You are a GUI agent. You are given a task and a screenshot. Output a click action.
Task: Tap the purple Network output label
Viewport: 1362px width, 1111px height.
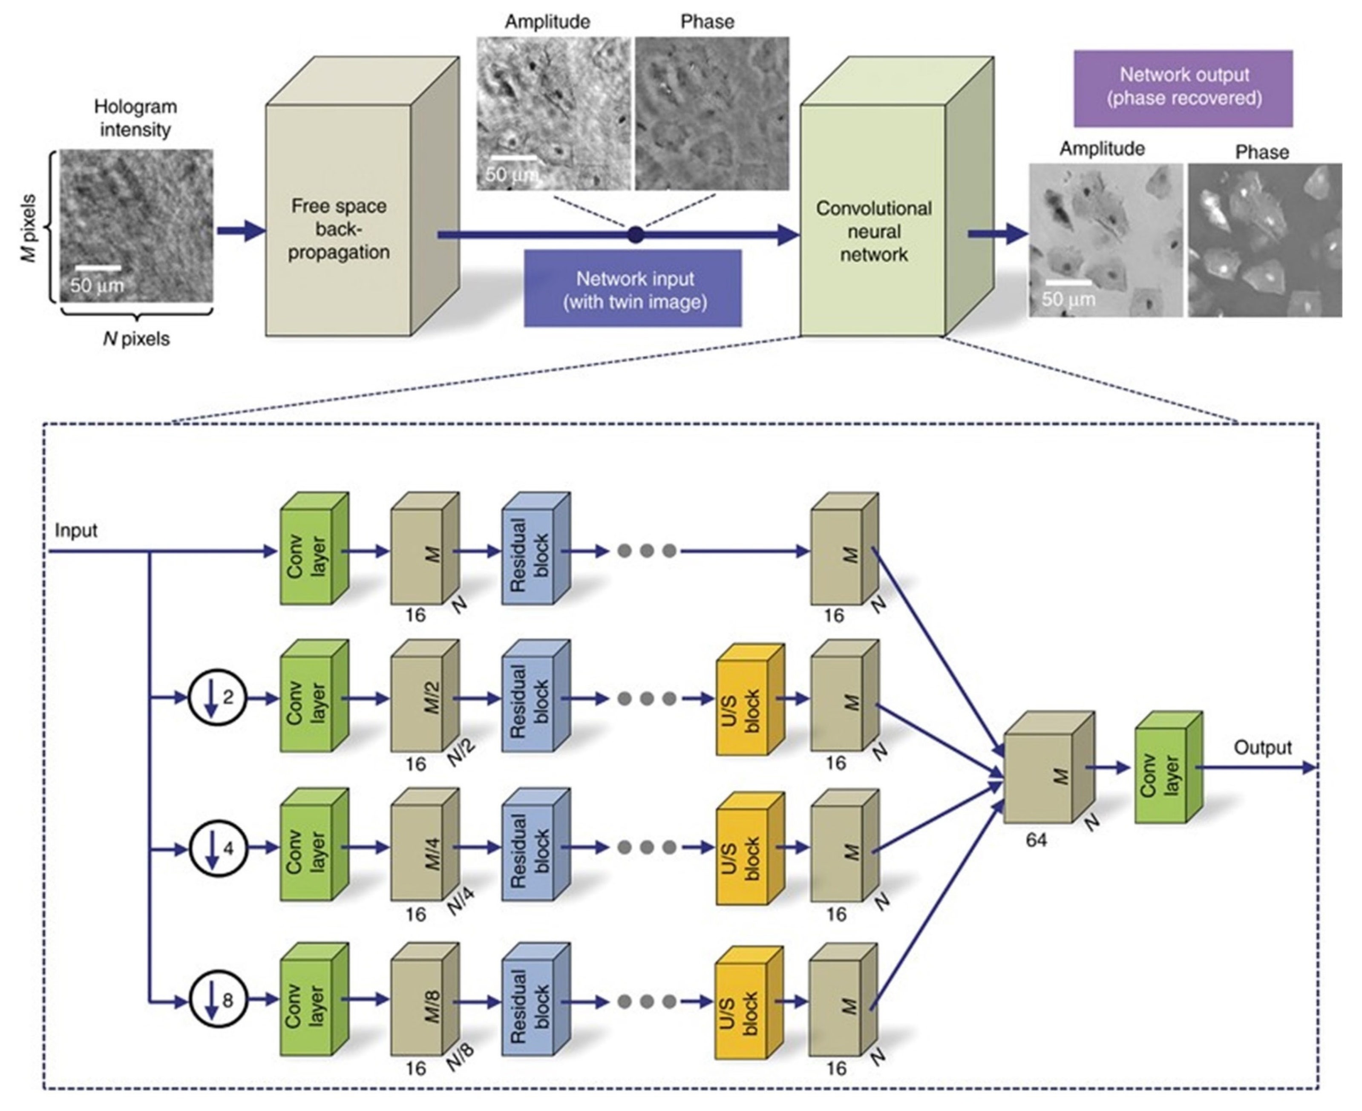coord(1183,88)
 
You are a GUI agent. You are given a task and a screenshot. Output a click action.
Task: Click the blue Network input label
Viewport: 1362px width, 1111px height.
coord(633,289)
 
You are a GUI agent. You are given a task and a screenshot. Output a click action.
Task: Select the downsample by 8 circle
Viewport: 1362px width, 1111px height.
coord(218,1000)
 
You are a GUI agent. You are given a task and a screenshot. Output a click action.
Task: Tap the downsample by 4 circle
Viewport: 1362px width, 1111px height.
coord(218,849)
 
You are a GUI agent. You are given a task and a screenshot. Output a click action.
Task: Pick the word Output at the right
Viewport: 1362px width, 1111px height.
coord(1263,748)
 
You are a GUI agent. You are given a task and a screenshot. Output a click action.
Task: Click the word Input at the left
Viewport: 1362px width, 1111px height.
coord(76,530)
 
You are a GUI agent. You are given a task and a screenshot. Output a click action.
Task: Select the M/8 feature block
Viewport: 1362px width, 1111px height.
coord(425,999)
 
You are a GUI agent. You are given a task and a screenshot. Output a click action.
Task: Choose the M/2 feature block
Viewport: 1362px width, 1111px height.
coord(425,696)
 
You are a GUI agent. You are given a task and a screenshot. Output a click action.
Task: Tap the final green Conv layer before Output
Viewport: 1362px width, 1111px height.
coord(1169,767)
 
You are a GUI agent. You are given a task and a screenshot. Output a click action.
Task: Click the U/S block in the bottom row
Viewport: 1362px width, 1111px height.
coord(749,1003)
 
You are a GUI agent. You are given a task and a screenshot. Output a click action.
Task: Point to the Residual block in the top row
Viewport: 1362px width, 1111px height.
coord(536,548)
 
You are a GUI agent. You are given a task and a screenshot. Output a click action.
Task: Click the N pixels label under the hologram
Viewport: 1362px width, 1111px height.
coord(136,339)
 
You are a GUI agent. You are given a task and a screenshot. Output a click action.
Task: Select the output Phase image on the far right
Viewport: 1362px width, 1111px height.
coord(1265,240)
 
